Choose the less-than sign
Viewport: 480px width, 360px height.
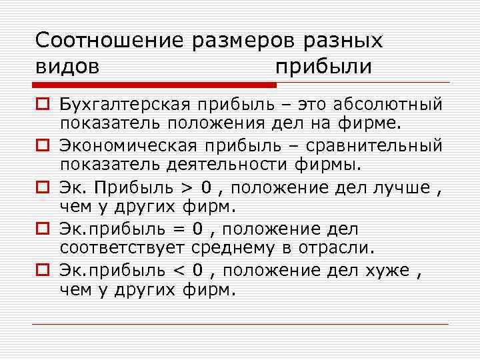(x=179, y=271)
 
